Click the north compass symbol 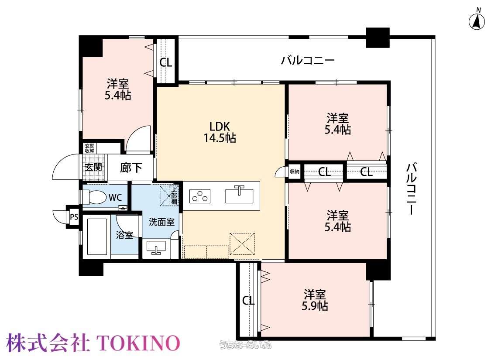[477, 21]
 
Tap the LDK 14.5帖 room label [220, 132]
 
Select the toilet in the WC [94, 198]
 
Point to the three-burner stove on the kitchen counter [200, 196]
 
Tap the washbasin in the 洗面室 [156, 248]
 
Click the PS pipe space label [74, 216]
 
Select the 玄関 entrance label [94, 167]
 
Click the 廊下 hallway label [131, 168]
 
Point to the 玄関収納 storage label [89, 148]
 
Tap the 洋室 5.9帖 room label [315, 300]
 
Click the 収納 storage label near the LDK [294, 171]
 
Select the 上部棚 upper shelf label [174, 195]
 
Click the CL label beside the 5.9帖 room [248, 301]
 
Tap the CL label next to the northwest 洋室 [166, 62]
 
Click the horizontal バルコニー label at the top [308, 60]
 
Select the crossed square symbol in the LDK [242, 244]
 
